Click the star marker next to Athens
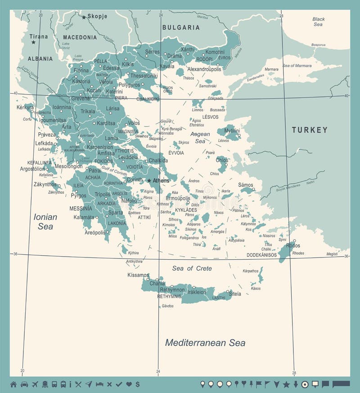[149, 181]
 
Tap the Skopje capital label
[97, 17]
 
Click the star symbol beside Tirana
[33, 42]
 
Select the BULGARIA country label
[181, 27]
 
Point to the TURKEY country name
[310, 130]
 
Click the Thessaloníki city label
[144, 76]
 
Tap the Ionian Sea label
[45, 221]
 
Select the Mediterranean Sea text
[205, 343]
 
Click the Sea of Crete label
[192, 268]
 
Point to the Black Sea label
[319, 21]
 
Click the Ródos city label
[293, 245]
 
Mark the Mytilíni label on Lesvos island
[232, 131]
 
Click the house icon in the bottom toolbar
[13, 384]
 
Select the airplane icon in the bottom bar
[35, 384]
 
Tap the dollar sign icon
[137, 384]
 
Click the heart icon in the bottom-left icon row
[129, 384]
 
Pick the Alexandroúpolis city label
[204, 69]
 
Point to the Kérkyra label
[25, 108]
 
